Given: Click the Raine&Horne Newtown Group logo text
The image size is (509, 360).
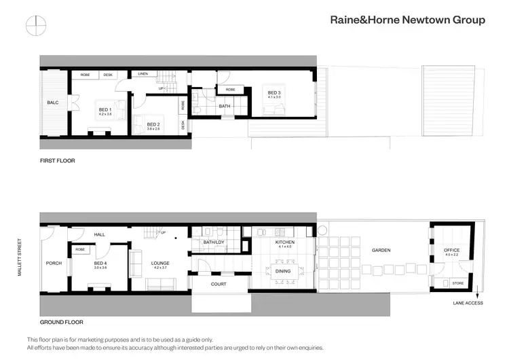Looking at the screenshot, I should (x=407, y=20).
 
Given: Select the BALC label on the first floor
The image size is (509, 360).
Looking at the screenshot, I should (x=53, y=103).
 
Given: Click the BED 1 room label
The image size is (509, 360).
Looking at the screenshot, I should (x=105, y=110).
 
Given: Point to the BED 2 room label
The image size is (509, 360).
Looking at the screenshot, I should (x=153, y=124).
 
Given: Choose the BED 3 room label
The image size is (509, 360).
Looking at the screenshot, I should (x=274, y=93).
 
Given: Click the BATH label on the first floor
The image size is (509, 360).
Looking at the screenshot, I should (x=224, y=107).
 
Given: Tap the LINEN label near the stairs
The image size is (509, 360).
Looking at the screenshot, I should (x=143, y=73).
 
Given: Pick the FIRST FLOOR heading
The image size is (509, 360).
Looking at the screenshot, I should (x=57, y=161).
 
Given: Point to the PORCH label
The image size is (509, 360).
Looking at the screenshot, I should (x=54, y=264).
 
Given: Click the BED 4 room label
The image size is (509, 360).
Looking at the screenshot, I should (x=100, y=263).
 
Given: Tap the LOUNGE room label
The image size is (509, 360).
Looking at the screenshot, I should (x=161, y=264).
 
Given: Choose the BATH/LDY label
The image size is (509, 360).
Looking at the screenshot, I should (x=213, y=242).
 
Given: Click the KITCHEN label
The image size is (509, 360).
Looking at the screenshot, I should (x=284, y=242).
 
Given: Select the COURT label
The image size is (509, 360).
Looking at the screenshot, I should (x=219, y=284).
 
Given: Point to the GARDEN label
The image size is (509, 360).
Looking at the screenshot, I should (x=381, y=250).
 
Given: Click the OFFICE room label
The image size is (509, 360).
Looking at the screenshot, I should (x=451, y=250).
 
